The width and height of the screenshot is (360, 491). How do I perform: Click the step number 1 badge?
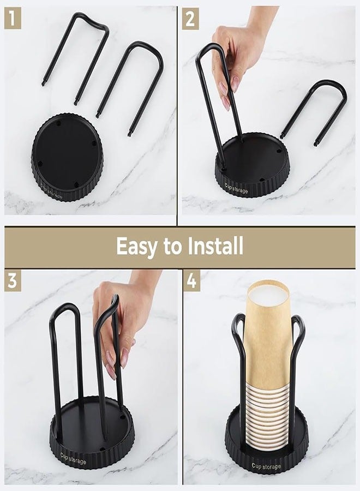coord(13,19)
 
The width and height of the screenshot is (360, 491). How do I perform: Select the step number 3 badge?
coord(13,280)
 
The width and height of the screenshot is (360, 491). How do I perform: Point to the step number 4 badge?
coord(191,280)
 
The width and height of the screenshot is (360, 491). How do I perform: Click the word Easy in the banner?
coord(136,246)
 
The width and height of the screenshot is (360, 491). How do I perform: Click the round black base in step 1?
coord(67,156)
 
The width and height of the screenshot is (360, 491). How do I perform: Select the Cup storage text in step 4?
coord(266,466)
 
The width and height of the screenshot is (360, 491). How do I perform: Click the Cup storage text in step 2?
coord(236,188)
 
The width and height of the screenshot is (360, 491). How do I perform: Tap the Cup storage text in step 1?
coord(52,191)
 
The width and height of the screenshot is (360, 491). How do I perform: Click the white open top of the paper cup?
coord(268,296)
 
